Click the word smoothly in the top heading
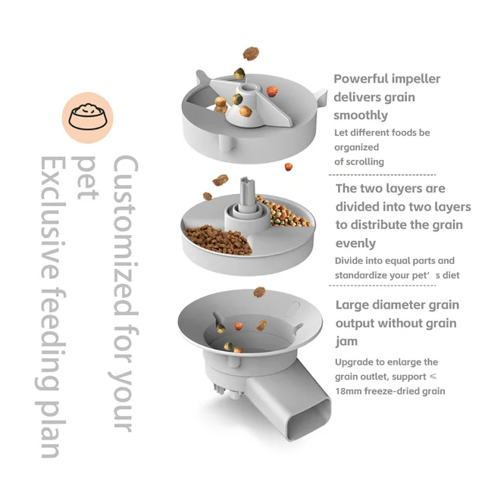(x=361, y=115)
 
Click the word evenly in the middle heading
(x=355, y=243)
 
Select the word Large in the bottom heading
(x=353, y=305)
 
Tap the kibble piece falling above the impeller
(x=250, y=54)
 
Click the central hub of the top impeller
(x=242, y=99)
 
